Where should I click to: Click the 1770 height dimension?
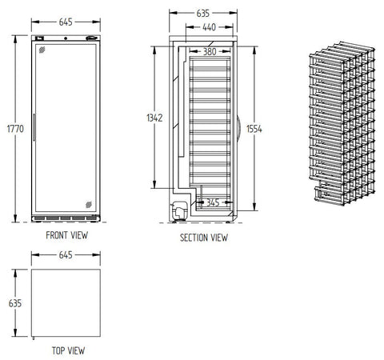pyautogui.click(x=15, y=129)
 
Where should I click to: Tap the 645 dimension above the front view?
pyautogui.click(x=66, y=22)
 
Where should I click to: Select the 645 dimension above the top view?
pyautogui.click(x=66, y=255)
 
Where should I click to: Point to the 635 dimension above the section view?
pyautogui.click(x=203, y=13)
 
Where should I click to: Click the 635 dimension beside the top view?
pyautogui.click(x=15, y=303)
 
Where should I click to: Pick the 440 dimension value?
pyautogui.click(x=209, y=27)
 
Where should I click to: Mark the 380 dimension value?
pyautogui.click(x=210, y=51)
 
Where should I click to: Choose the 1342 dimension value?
pyautogui.click(x=154, y=118)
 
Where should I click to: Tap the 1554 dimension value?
pyautogui.click(x=254, y=129)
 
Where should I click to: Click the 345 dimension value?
pyautogui.click(x=213, y=202)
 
